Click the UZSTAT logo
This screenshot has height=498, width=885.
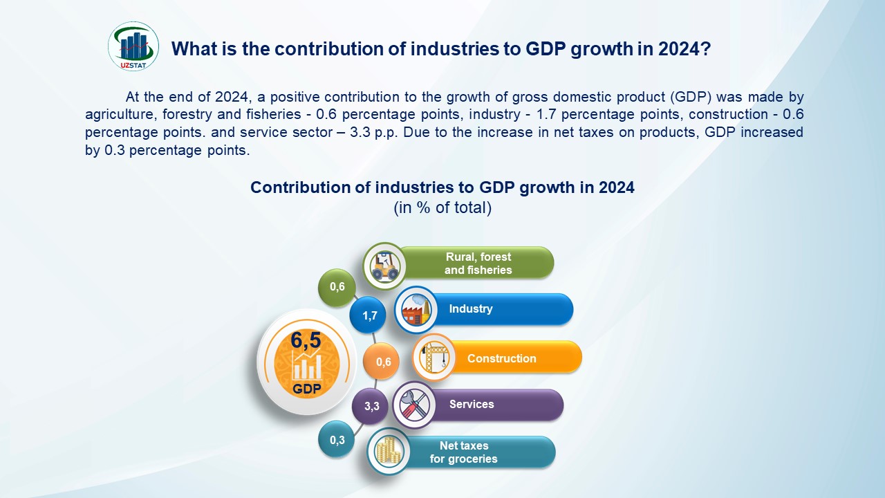click(133, 46)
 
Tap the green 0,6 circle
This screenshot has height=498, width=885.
click(337, 287)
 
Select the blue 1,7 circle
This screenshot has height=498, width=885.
click(369, 316)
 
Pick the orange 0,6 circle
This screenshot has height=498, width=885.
click(382, 362)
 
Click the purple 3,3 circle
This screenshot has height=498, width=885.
click(371, 406)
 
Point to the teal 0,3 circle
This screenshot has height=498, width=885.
click(337, 439)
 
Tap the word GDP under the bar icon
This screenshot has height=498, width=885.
click(306, 389)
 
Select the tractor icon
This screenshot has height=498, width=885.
click(384, 264)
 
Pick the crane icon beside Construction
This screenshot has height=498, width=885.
click(434, 358)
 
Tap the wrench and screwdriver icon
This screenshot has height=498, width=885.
click(413, 404)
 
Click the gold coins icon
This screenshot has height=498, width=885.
click(388, 452)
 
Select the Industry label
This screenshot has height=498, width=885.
click(471, 308)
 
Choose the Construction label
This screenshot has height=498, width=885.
click(501, 358)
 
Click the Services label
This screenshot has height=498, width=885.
click(472, 404)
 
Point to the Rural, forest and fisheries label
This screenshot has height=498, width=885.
click(478, 263)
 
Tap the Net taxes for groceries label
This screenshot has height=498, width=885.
click(463, 452)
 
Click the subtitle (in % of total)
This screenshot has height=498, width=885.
click(442, 207)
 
